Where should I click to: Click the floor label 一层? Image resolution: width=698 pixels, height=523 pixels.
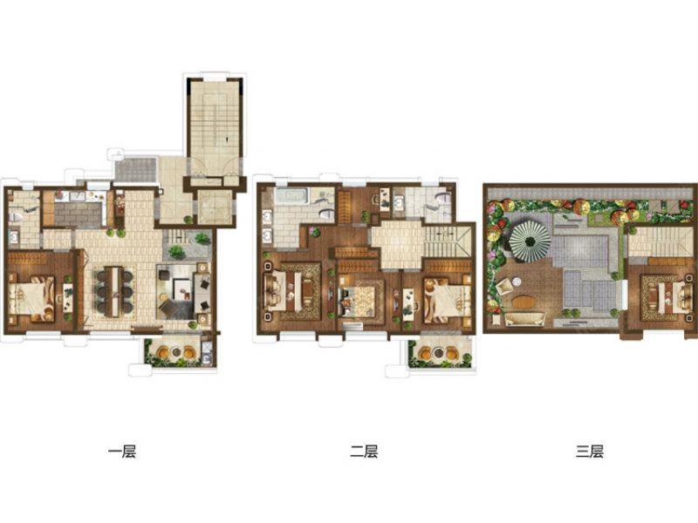coord(122,452)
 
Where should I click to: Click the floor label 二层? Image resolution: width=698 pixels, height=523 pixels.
coord(364,452)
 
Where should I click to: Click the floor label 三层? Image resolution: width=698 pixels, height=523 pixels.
coord(590,452)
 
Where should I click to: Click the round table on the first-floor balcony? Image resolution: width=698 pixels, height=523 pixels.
coord(176,352)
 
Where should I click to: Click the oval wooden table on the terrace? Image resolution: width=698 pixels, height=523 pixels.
coord(524,302)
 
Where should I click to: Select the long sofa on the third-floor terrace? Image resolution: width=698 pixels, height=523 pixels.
coord(525,318)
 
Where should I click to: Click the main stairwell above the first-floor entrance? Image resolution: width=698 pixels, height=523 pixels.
coord(215,129)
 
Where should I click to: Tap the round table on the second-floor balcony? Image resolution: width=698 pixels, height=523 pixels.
coord(439,353)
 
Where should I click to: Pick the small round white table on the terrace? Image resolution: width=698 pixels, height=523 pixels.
coord(517,282)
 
